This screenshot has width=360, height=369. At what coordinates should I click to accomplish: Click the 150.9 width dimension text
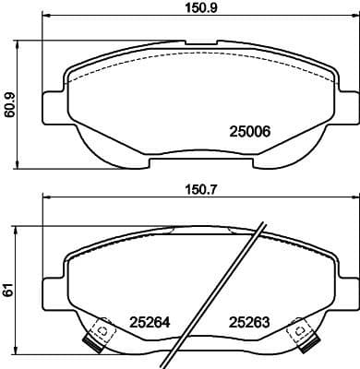click(190, 12)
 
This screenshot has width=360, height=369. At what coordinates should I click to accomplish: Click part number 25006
click(246, 132)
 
